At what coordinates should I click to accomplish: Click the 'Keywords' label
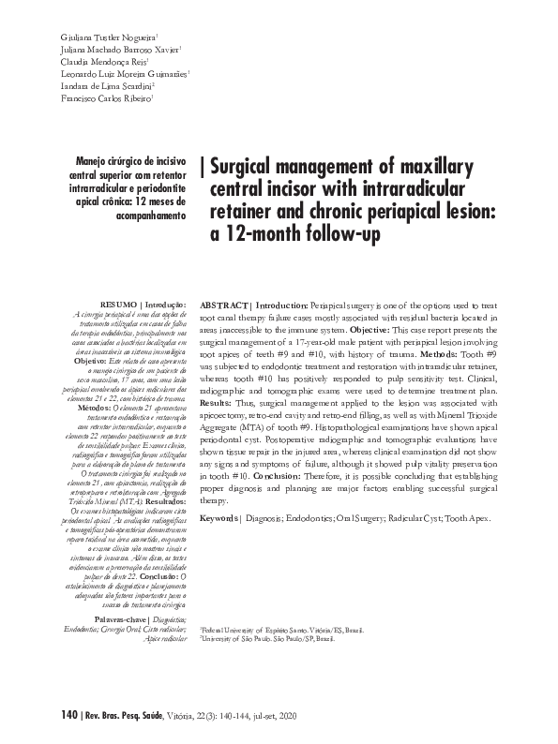(x=220, y=518)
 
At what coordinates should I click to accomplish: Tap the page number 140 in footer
(x=67, y=717)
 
